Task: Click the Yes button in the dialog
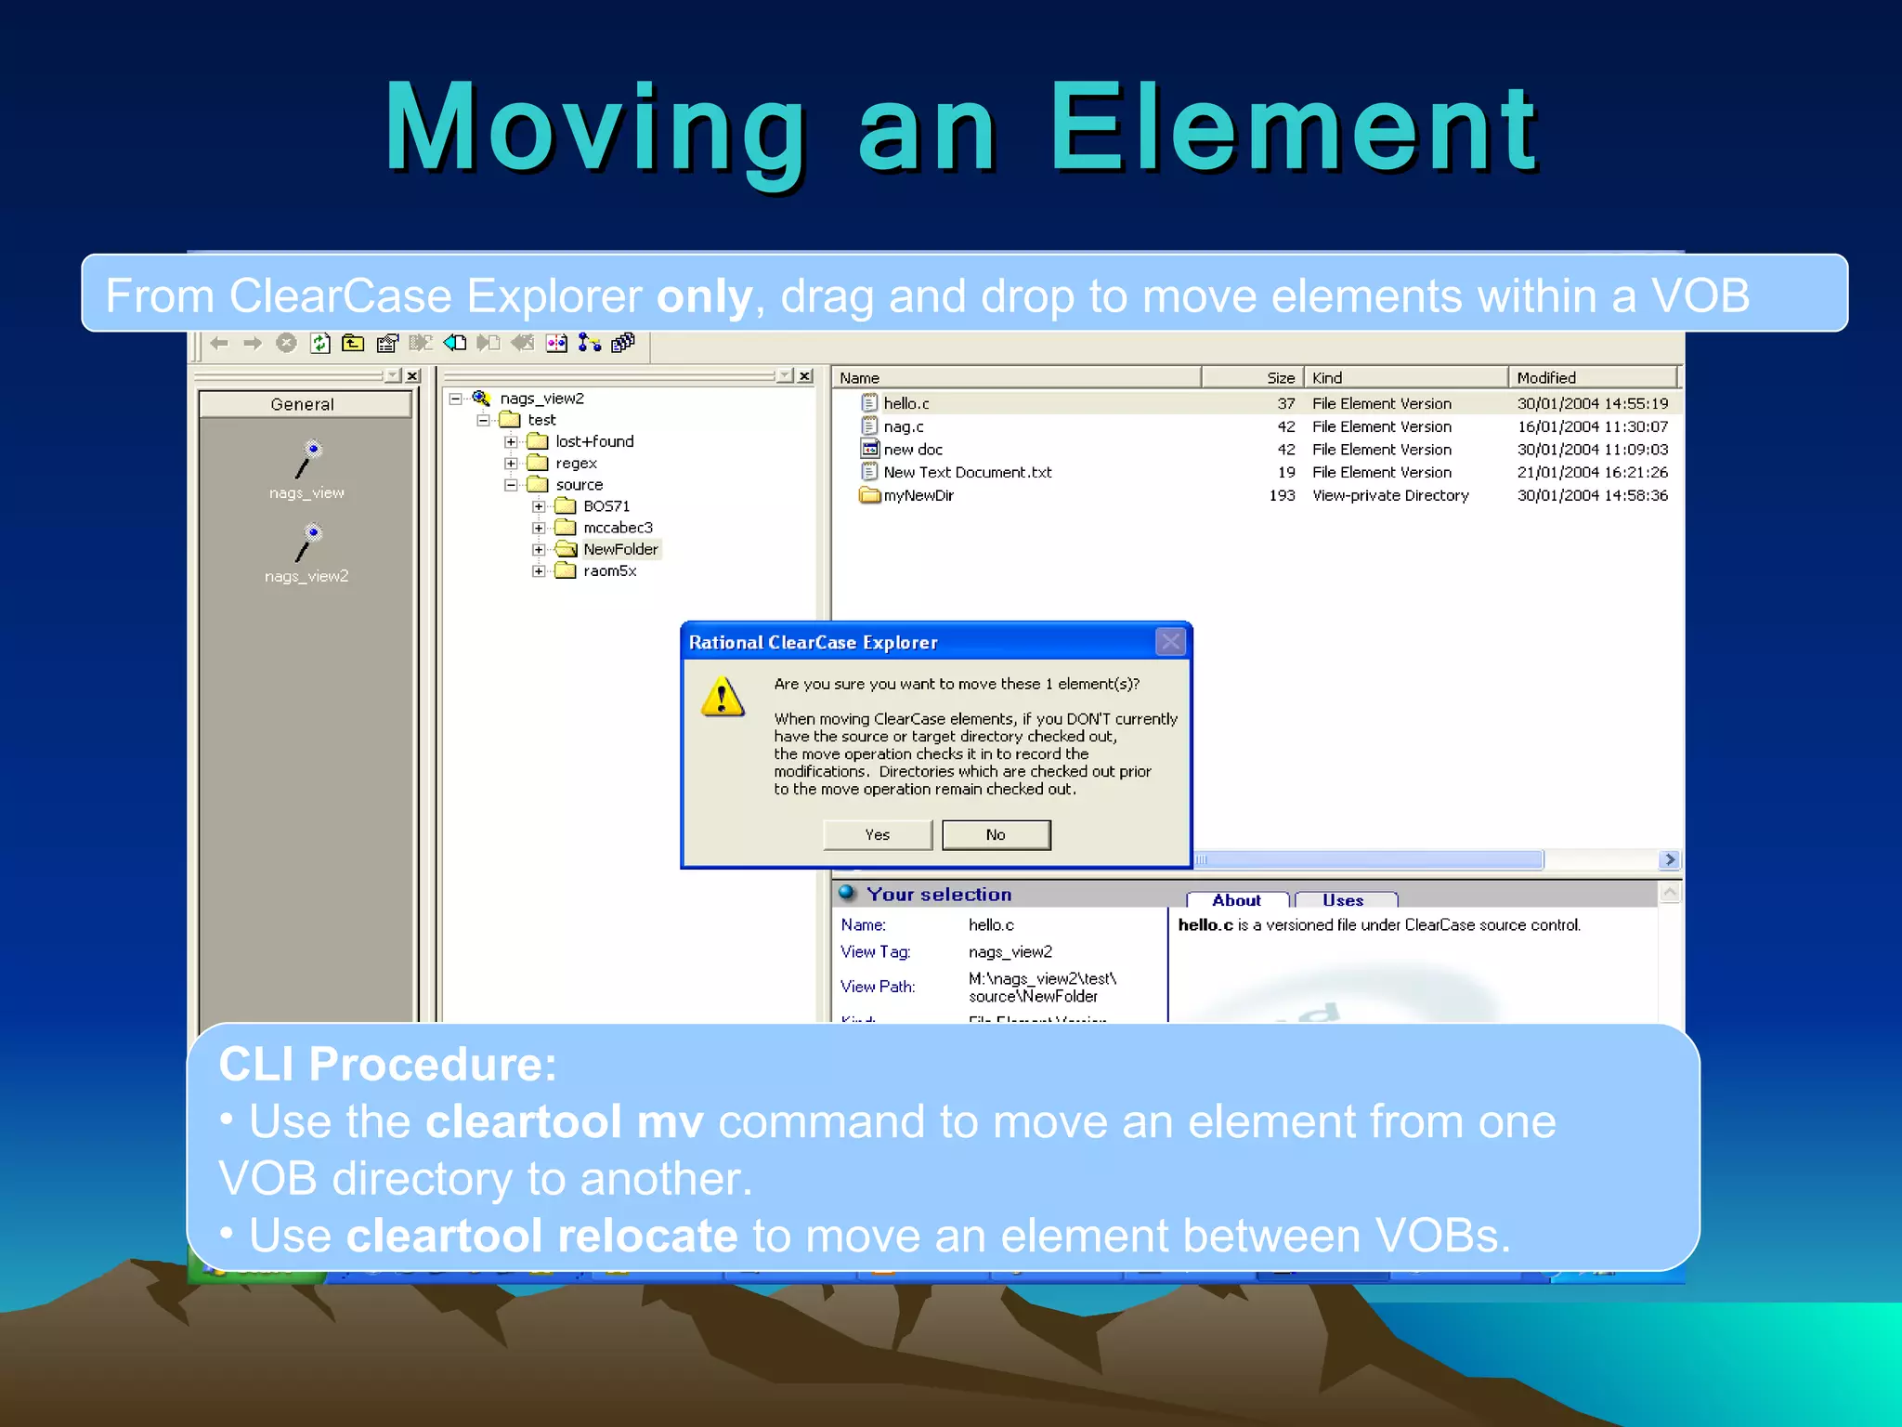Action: [x=877, y=834]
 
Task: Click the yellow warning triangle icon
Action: [x=723, y=697]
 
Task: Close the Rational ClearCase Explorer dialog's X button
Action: [x=1170, y=642]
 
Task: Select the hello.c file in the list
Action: [x=905, y=403]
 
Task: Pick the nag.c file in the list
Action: [x=903, y=426]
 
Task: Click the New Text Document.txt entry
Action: [x=967, y=472]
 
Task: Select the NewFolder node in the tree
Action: [x=619, y=549]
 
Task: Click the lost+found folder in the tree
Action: [x=593, y=441]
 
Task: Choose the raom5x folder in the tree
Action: [x=609, y=570]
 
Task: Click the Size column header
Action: [x=1280, y=377]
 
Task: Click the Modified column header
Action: [x=1546, y=377]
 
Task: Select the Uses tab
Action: [x=1343, y=899]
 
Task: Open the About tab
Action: [x=1236, y=899]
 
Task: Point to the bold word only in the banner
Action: [x=704, y=296]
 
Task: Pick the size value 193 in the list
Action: [x=1282, y=495]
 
